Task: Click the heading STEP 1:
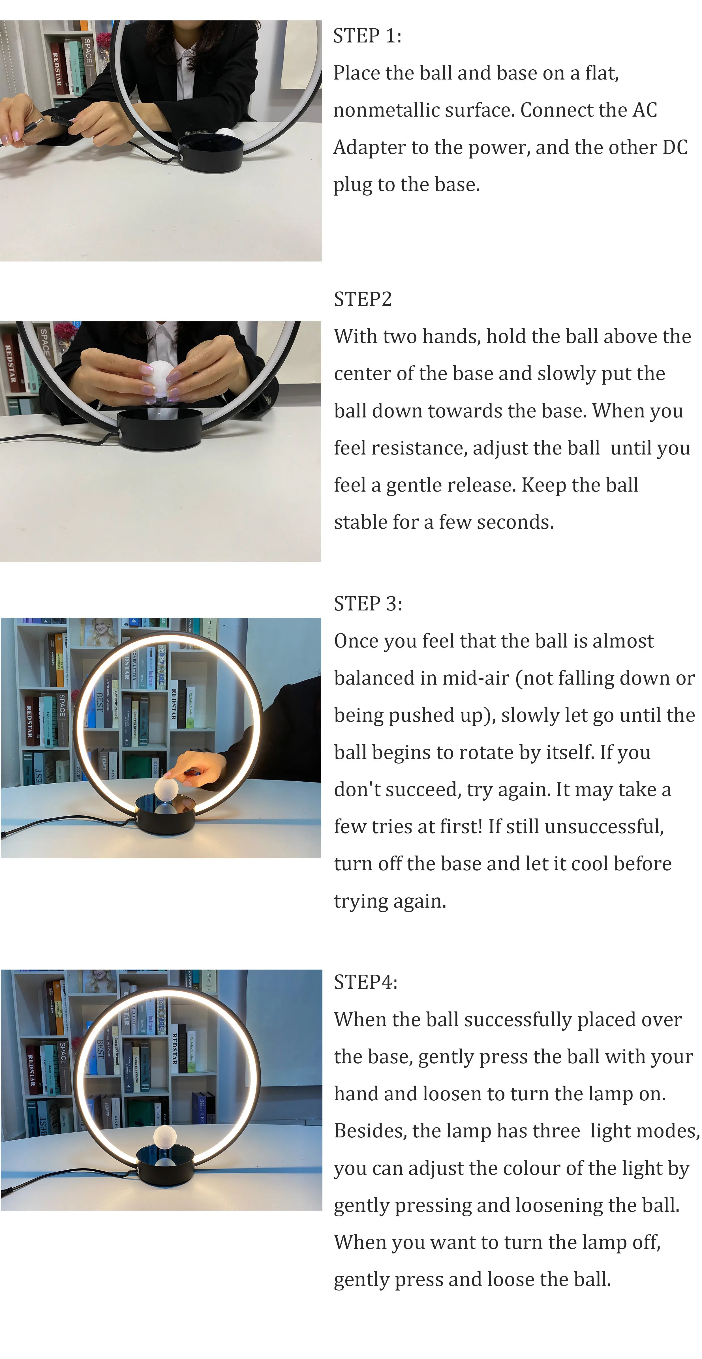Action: tap(367, 36)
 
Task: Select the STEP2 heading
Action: tap(363, 299)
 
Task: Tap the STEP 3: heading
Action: tap(368, 604)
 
